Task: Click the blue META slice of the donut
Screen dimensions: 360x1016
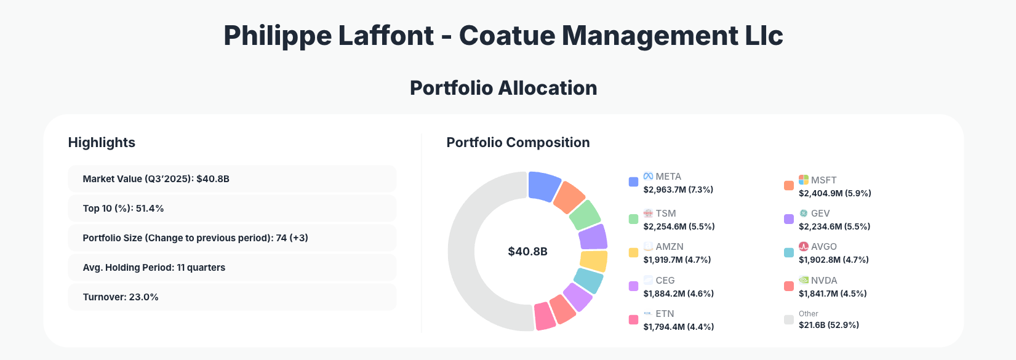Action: click(x=543, y=185)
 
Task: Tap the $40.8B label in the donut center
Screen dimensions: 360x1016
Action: click(x=527, y=251)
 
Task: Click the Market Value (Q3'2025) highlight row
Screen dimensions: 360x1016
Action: click(x=231, y=178)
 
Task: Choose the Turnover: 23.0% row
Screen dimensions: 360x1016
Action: click(x=231, y=297)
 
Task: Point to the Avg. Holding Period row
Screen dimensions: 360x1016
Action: click(x=231, y=267)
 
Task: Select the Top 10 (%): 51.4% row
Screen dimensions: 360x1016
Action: click(x=231, y=208)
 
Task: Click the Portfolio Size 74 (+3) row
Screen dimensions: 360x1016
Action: click(x=231, y=238)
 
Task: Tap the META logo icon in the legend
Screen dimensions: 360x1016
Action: click(x=648, y=176)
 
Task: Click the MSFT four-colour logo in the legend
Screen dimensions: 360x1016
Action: click(x=803, y=180)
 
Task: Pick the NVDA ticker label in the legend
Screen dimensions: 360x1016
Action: click(x=824, y=280)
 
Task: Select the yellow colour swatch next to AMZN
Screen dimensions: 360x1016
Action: click(x=633, y=252)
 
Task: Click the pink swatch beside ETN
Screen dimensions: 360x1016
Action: click(x=633, y=319)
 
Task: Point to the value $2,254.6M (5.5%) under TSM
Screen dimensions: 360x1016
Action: click(x=679, y=226)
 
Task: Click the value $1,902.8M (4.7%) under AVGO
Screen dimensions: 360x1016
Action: click(x=833, y=260)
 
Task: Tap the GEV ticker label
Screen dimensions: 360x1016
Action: click(x=820, y=214)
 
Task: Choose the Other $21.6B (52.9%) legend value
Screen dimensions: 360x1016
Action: click(x=828, y=325)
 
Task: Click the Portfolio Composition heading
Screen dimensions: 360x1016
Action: click(x=518, y=142)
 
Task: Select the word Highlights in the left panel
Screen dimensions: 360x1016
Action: click(x=102, y=142)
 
